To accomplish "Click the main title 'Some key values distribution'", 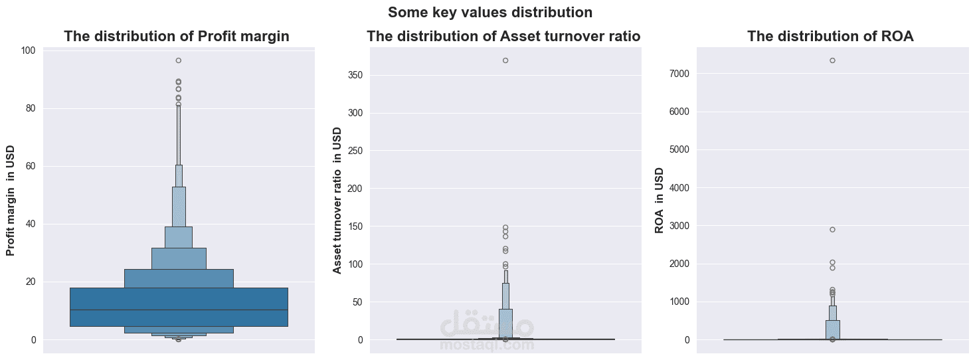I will click(x=490, y=13).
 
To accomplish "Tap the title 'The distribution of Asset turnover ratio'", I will click(x=503, y=37).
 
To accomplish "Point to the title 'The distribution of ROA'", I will click(x=830, y=37).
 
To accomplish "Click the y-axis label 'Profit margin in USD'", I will click(x=11, y=201).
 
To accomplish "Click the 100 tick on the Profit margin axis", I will click(x=28, y=50).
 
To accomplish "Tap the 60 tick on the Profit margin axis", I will click(x=31, y=166).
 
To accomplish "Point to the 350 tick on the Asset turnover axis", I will click(x=355, y=75).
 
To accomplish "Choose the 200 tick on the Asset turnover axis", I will click(x=355, y=189).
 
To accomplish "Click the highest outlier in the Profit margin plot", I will click(x=179, y=60).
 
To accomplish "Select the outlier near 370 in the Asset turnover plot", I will click(x=505, y=60).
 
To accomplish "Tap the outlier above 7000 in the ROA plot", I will click(x=832, y=60).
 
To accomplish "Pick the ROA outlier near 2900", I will click(x=832, y=230).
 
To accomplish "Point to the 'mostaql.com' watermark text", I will click(x=487, y=345).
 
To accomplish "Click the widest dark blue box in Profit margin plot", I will click(x=100, y=299).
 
